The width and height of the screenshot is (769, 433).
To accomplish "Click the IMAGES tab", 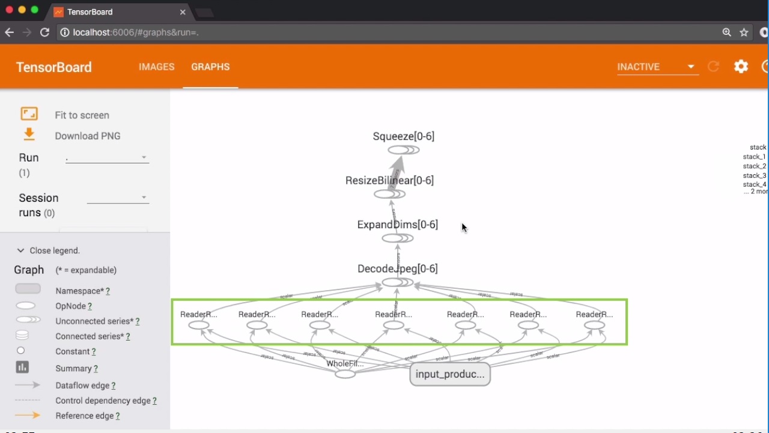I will click(x=156, y=67).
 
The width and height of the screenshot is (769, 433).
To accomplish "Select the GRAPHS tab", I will click(x=210, y=67).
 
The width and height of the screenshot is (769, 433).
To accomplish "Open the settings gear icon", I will click(x=741, y=67).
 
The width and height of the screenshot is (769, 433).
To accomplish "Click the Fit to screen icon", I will click(x=29, y=114).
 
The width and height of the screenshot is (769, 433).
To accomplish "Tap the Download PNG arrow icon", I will click(x=29, y=135).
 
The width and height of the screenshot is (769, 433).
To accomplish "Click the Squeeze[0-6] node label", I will click(x=403, y=136).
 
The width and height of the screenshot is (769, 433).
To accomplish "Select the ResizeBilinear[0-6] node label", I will click(x=389, y=180).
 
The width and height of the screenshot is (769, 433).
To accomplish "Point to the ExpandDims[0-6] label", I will click(x=397, y=225).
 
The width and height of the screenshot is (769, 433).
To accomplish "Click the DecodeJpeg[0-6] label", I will click(x=397, y=268).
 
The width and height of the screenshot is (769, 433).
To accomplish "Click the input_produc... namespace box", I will click(x=450, y=374).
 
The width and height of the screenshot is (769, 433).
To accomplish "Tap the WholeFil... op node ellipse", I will click(x=345, y=374).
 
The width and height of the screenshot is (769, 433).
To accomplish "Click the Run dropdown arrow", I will click(x=144, y=158).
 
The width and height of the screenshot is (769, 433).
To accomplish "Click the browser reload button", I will click(x=44, y=32).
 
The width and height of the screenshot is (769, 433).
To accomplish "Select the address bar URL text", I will click(x=136, y=32).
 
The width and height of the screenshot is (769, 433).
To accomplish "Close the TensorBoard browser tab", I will click(x=183, y=12).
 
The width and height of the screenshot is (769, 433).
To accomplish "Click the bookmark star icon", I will click(x=744, y=32).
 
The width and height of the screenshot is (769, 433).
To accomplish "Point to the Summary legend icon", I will click(x=22, y=368).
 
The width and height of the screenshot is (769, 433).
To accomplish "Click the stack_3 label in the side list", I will click(x=755, y=175).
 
